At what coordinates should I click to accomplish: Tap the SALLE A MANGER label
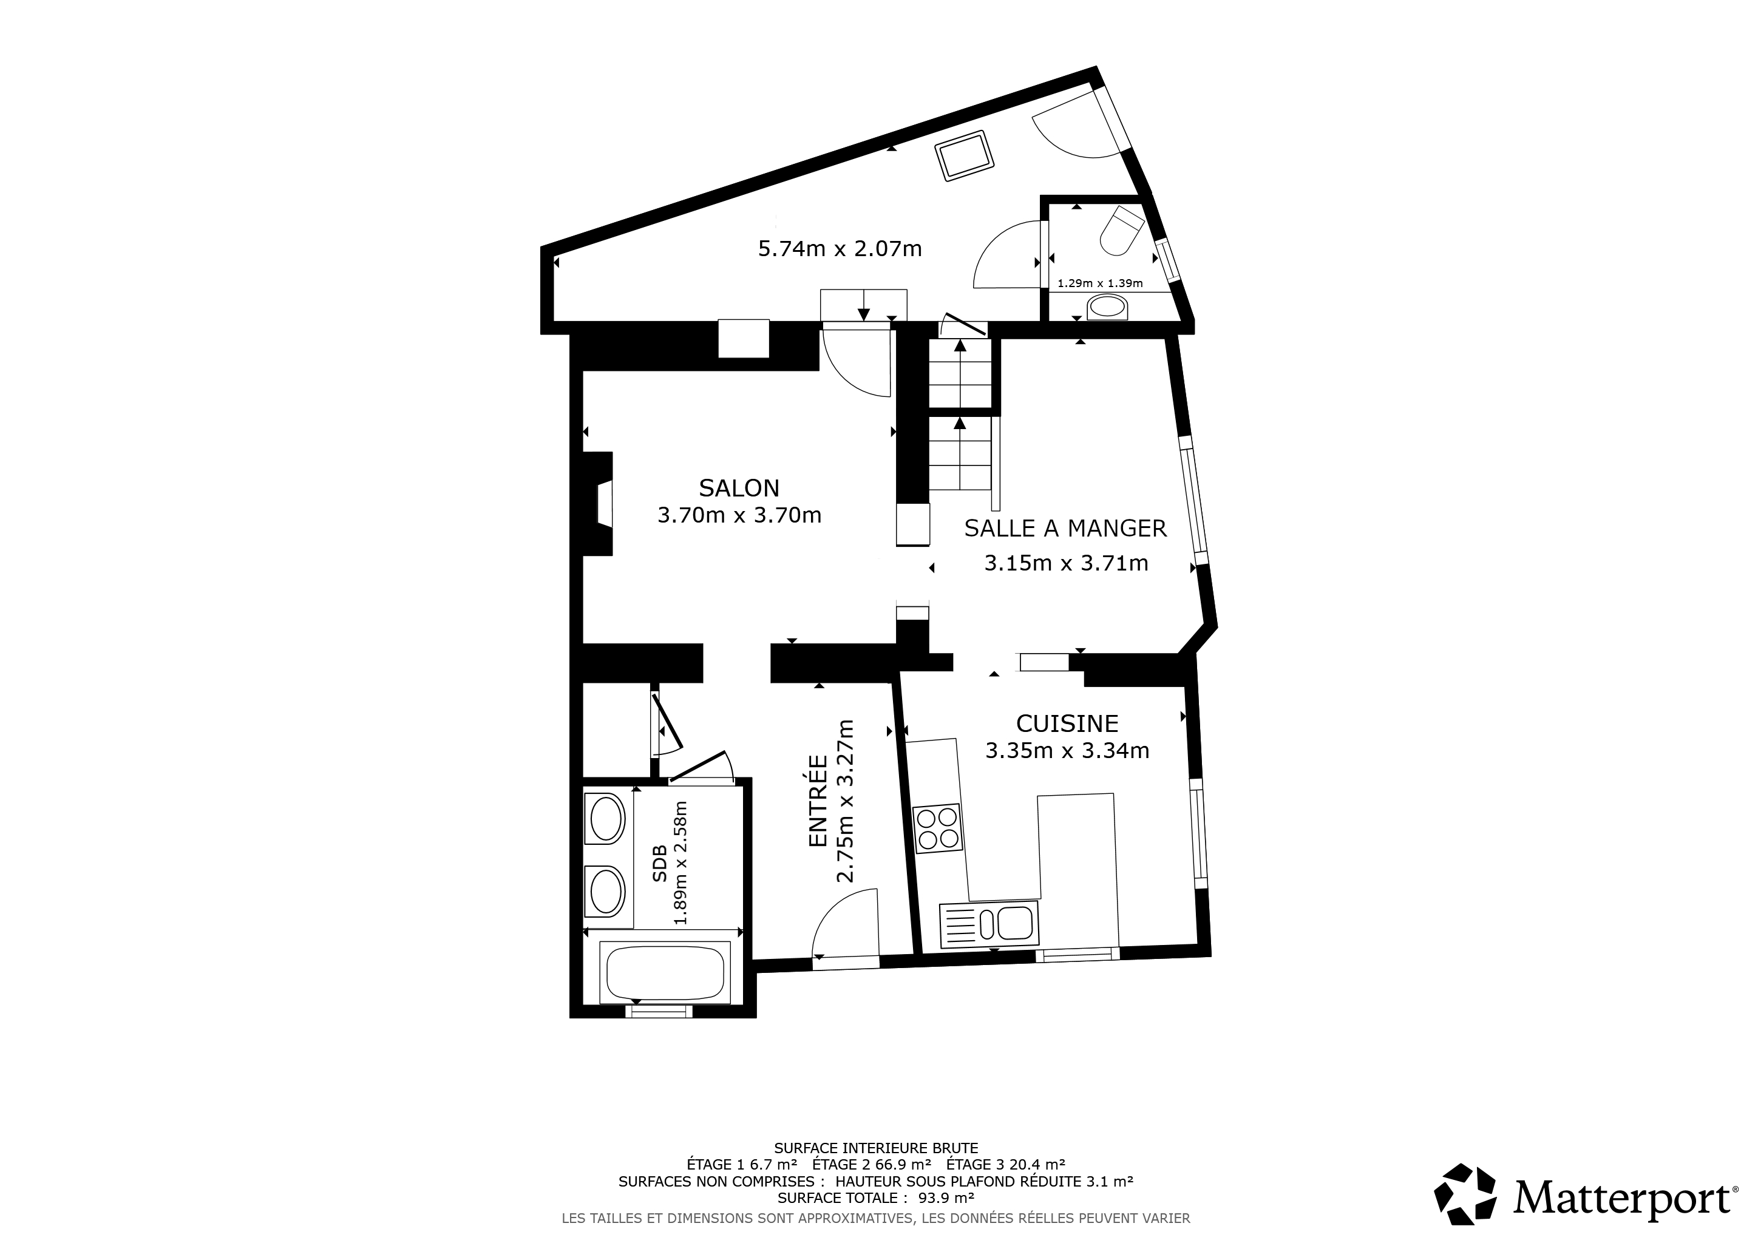pos(1065,528)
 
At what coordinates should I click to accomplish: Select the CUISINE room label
pos(1067,723)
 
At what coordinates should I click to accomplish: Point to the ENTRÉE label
pos(818,801)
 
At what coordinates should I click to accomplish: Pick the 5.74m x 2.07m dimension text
pos(840,249)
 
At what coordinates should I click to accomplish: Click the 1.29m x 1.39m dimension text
pos(1099,283)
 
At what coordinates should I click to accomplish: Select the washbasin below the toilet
pos(1107,308)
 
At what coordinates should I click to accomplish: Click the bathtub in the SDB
pos(665,972)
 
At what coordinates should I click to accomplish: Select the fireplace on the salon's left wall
pos(598,504)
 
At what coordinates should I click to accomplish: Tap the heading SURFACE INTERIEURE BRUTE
pos(876,1148)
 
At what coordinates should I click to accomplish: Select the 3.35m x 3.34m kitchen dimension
pos(1067,751)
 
